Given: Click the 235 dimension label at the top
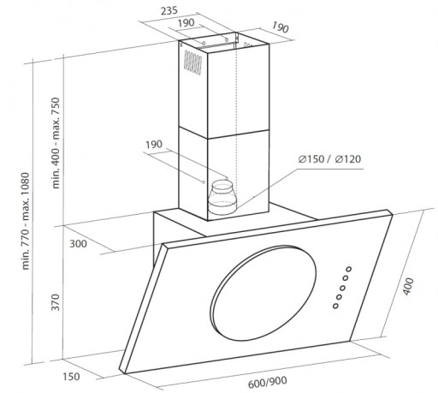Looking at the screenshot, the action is pos(169,11).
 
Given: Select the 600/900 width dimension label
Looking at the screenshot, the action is pos(268,382).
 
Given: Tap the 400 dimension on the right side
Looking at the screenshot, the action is pos(408,286).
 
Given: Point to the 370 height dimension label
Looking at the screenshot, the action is pos(55,302).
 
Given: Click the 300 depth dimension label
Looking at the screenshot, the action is pos(78,244).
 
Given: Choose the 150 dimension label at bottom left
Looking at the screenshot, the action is pos(71,377).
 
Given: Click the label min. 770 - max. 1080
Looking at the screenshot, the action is pos(26,221).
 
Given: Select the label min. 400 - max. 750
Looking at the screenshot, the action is pos(56,143).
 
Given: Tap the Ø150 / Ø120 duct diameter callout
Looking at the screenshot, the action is pos(329,159).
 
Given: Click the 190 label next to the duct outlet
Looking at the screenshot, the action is pos(154,145).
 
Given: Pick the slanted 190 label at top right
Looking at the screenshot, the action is pos(280,27).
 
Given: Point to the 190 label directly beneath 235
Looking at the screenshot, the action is pos(186,23).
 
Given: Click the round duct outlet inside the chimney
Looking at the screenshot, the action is pos(222,198).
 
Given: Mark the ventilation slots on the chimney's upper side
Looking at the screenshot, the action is pos(192,63).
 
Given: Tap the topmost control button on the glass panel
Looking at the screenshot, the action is pos(349,269).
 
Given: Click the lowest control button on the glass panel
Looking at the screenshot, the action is pos(335,306).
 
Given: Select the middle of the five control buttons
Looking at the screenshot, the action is pos(342,288).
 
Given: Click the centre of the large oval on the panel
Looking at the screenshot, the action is pos(263,293).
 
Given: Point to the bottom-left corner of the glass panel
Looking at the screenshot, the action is pos(125,373).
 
